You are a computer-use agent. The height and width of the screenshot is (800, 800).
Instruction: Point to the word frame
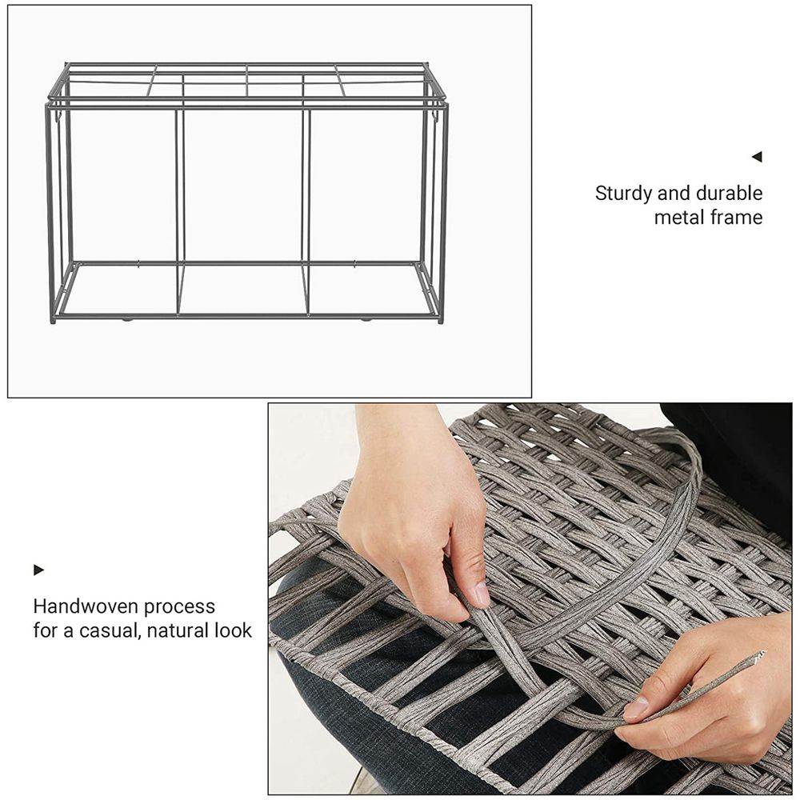pos(738,218)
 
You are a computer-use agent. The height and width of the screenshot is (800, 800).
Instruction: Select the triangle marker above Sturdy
pos(757,157)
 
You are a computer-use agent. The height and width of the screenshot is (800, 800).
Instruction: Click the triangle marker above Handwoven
pos(38,570)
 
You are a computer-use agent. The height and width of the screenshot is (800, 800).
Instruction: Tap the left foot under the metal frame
pos(127,319)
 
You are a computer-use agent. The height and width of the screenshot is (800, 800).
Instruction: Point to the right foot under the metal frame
pos(366,319)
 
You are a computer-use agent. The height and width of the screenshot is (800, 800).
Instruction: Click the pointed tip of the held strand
pos(762,654)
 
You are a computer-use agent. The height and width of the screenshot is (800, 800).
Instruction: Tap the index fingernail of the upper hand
pos(481,594)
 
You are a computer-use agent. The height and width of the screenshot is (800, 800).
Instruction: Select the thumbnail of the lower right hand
pos(637,707)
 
